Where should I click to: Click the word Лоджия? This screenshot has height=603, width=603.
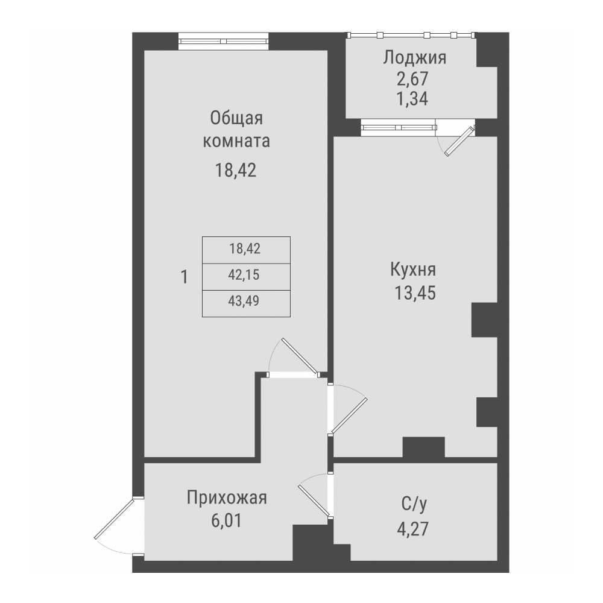(414, 58)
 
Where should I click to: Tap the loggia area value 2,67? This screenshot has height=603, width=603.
(414, 79)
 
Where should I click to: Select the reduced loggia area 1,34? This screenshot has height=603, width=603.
(414, 98)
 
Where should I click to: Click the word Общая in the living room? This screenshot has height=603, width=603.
(236, 118)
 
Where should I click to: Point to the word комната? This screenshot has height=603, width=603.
(236, 142)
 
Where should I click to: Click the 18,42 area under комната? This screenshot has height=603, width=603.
(236, 170)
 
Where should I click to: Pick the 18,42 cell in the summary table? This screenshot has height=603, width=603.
(245, 248)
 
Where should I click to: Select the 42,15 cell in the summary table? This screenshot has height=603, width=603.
(245, 276)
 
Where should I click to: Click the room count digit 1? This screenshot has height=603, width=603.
(185, 277)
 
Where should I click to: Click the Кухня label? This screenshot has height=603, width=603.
(413, 270)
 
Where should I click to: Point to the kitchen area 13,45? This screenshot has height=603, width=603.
(413, 293)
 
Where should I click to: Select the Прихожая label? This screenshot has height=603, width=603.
(227, 499)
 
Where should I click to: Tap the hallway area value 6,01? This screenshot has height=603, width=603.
(227, 520)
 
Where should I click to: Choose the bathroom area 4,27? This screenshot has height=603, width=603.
(414, 529)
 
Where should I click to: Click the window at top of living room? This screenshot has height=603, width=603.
(223, 42)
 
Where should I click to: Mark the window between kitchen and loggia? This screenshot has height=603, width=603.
(398, 127)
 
